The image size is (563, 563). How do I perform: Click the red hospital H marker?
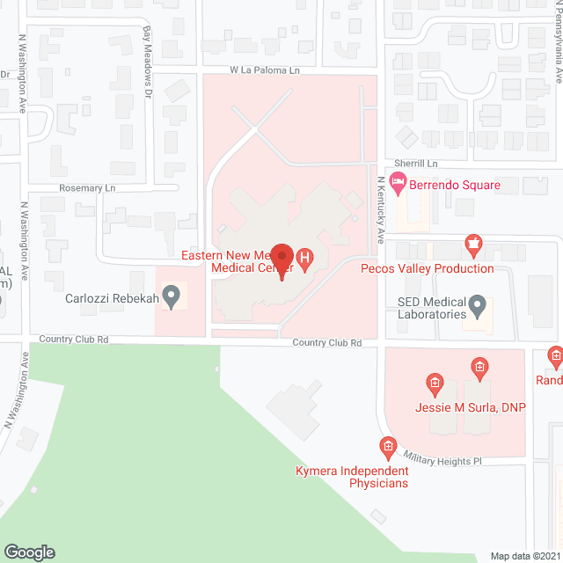304,258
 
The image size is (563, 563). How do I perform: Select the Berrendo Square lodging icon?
398,185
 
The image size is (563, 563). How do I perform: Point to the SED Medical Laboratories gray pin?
478,307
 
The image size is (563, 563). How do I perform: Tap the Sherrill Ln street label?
416,164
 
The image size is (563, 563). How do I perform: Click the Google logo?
28,552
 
